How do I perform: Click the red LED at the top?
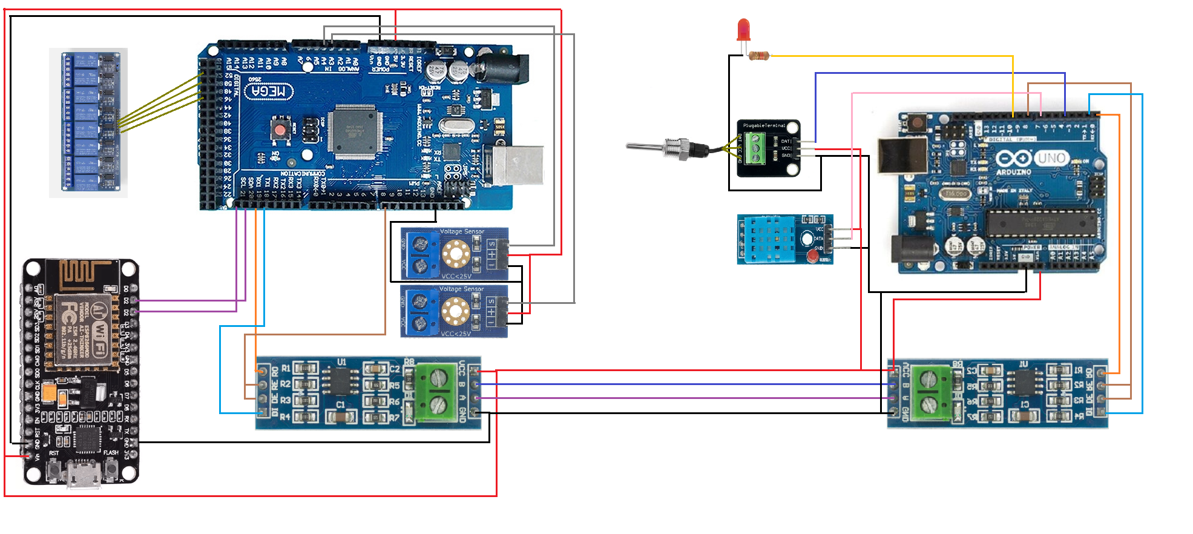pyautogui.click(x=743, y=30)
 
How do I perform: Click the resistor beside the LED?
pyautogui.click(x=758, y=56)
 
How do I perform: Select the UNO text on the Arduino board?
pyautogui.click(x=1051, y=159)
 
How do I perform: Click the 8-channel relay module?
pyautogui.click(x=88, y=123)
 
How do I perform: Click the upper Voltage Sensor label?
pyautogui.click(x=462, y=231)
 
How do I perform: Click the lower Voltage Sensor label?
pyautogui.click(x=461, y=289)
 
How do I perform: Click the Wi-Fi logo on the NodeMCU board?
pyautogui.click(x=100, y=331)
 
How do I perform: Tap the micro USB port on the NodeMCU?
pyautogui.click(x=83, y=475)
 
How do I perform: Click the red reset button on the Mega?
pyautogui.click(x=280, y=130)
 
